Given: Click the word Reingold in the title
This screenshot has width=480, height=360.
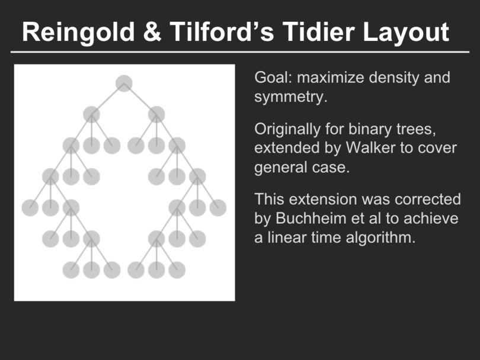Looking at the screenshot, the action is [78, 32].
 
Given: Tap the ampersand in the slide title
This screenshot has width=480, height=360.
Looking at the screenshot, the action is [152, 32].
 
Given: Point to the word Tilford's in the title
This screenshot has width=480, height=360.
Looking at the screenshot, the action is [222, 32].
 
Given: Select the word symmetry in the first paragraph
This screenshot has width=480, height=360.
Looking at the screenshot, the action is [289, 97].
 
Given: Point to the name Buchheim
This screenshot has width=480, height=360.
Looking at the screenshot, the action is [309, 218].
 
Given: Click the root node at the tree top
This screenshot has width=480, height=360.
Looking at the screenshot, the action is [124, 83].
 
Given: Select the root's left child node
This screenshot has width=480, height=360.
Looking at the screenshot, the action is [91, 115].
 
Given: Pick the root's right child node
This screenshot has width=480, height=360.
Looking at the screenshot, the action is [156, 115].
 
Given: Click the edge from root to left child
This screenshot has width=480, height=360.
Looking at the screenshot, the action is [108, 99].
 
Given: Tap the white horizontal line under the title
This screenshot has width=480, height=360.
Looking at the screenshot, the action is [240, 52].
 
